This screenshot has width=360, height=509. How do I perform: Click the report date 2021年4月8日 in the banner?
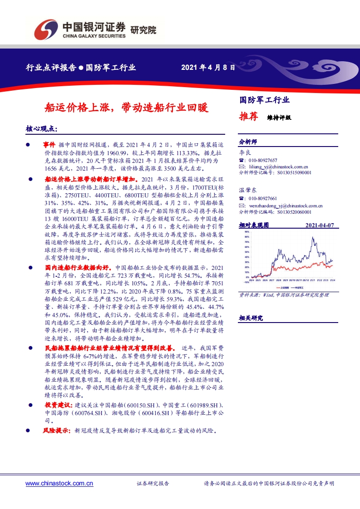click(x=208, y=68)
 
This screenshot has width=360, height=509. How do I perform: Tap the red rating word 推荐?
click(x=248, y=117)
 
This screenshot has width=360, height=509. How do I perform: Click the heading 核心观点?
click(x=42, y=129)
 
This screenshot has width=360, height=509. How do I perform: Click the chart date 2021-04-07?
click(x=320, y=225)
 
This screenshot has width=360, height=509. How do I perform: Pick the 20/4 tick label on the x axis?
click(x=252, y=281)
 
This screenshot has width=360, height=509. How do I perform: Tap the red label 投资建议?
click(x=59, y=405)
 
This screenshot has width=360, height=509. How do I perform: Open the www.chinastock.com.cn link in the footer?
click(x=59, y=484)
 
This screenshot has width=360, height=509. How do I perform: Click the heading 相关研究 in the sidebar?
click(x=251, y=318)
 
